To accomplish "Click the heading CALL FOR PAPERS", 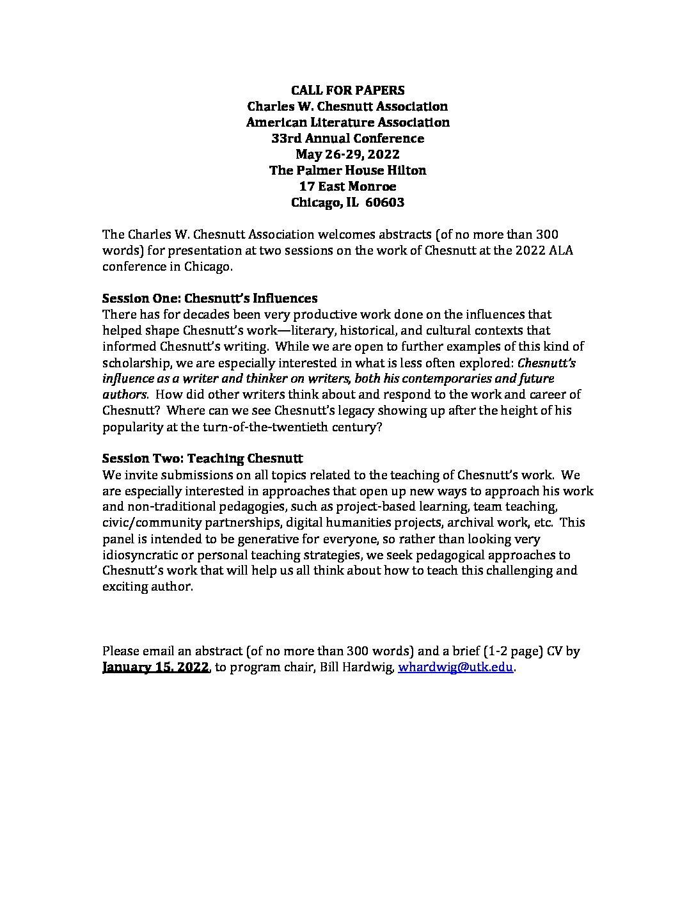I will [x=347, y=90].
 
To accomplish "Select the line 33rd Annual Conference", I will [x=347, y=138].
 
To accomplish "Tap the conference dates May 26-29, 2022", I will [x=347, y=154].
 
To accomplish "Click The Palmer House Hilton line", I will [x=347, y=170].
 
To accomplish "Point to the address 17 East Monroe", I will [x=347, y=186].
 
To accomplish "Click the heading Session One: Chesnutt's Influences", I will [x=210, y=298].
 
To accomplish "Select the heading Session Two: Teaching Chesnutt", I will [x=202, y=459].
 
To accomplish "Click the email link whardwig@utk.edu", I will [x=455, y=667].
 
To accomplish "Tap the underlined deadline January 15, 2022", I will [x=155, y=667].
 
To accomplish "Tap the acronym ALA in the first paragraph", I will [x=560, y=250].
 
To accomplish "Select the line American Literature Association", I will [x=347, y=122].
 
